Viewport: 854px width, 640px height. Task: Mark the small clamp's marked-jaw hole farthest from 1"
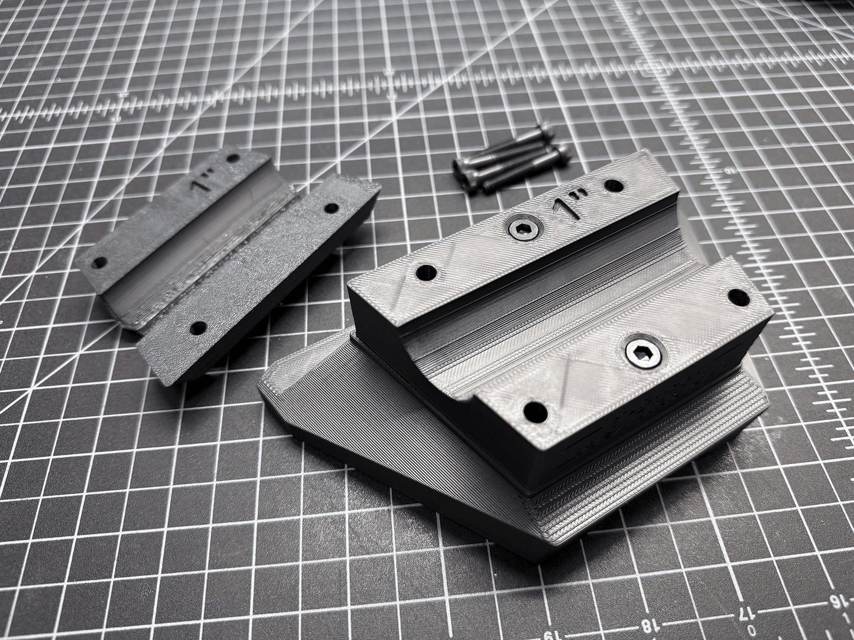pos(100,262)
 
